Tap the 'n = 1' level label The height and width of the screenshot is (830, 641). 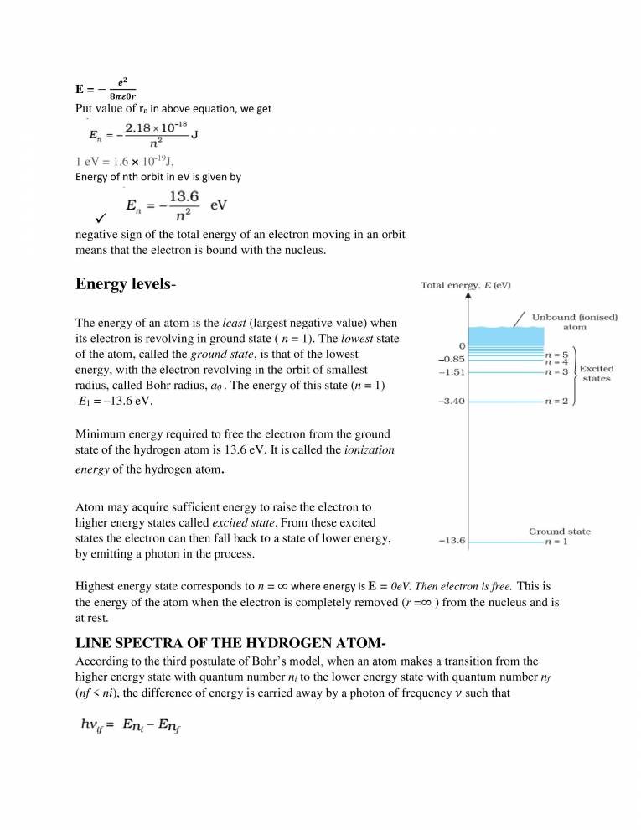557,541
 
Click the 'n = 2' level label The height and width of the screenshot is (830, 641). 557,402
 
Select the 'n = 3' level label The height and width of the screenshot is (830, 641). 557,371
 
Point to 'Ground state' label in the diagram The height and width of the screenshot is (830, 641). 559,531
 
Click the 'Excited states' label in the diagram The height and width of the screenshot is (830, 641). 597,373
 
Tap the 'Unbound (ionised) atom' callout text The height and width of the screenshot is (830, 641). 576,322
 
